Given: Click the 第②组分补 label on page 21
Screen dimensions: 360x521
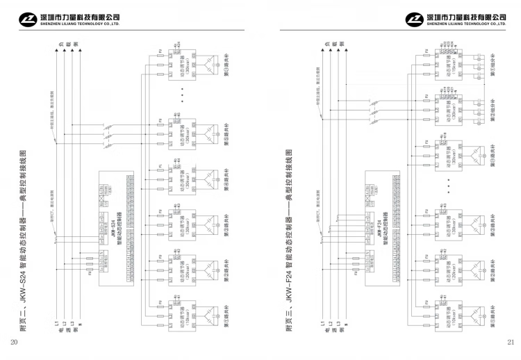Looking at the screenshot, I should click(x=494, y=108).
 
